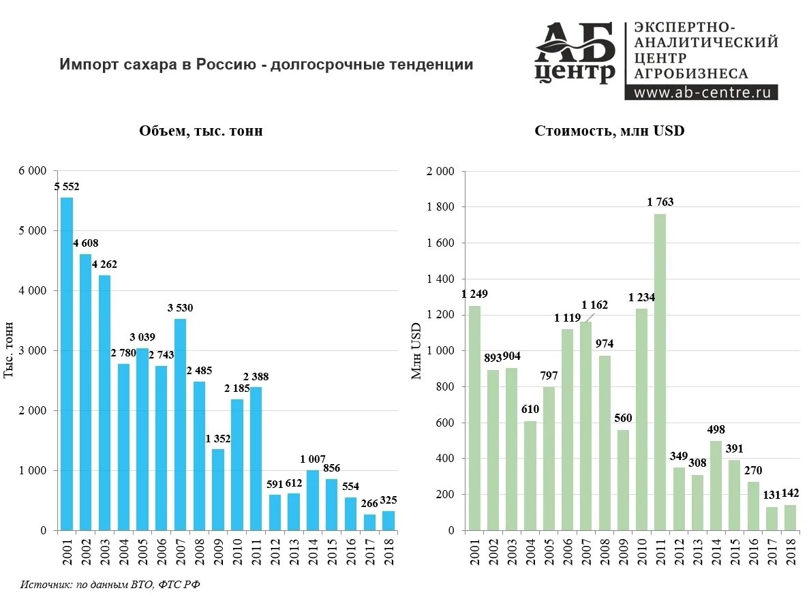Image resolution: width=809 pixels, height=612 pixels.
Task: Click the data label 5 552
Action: [x=67, y=187]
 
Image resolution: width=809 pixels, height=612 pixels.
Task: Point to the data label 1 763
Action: [x=660, y=202]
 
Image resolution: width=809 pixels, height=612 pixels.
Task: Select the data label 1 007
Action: [x=313, y=459]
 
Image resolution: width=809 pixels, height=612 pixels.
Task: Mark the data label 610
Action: [x=530, y=409]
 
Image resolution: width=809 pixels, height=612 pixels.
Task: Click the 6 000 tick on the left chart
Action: [x=33, y=171]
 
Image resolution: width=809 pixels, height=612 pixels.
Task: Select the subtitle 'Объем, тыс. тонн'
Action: [x=201, y=132]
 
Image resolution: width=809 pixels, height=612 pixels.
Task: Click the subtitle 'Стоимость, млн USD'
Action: [x=609, y=131]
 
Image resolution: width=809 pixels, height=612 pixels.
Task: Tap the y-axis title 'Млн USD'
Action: [x=417, y=350]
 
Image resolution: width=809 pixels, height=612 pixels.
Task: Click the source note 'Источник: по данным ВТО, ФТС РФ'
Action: [x=110, y=585]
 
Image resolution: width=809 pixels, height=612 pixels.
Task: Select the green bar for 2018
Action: [x=789, y=517]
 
